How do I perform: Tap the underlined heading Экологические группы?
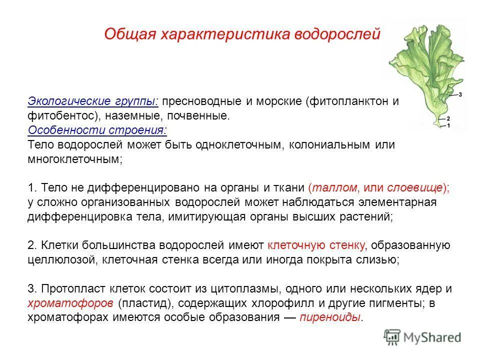pos(93,101)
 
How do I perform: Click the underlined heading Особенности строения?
pos(98,130)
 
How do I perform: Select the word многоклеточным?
pos(75,159)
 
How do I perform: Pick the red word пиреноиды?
pos(330,318)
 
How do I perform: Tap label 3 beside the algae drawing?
pos(460,94)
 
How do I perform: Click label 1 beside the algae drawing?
pos(448,126)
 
